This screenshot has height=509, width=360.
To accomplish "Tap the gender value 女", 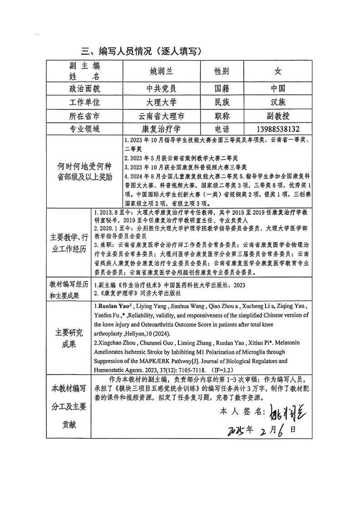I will (278, 71).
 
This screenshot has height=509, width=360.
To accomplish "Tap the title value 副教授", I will (278, 116).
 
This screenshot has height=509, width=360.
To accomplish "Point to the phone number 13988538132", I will (278, 129).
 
